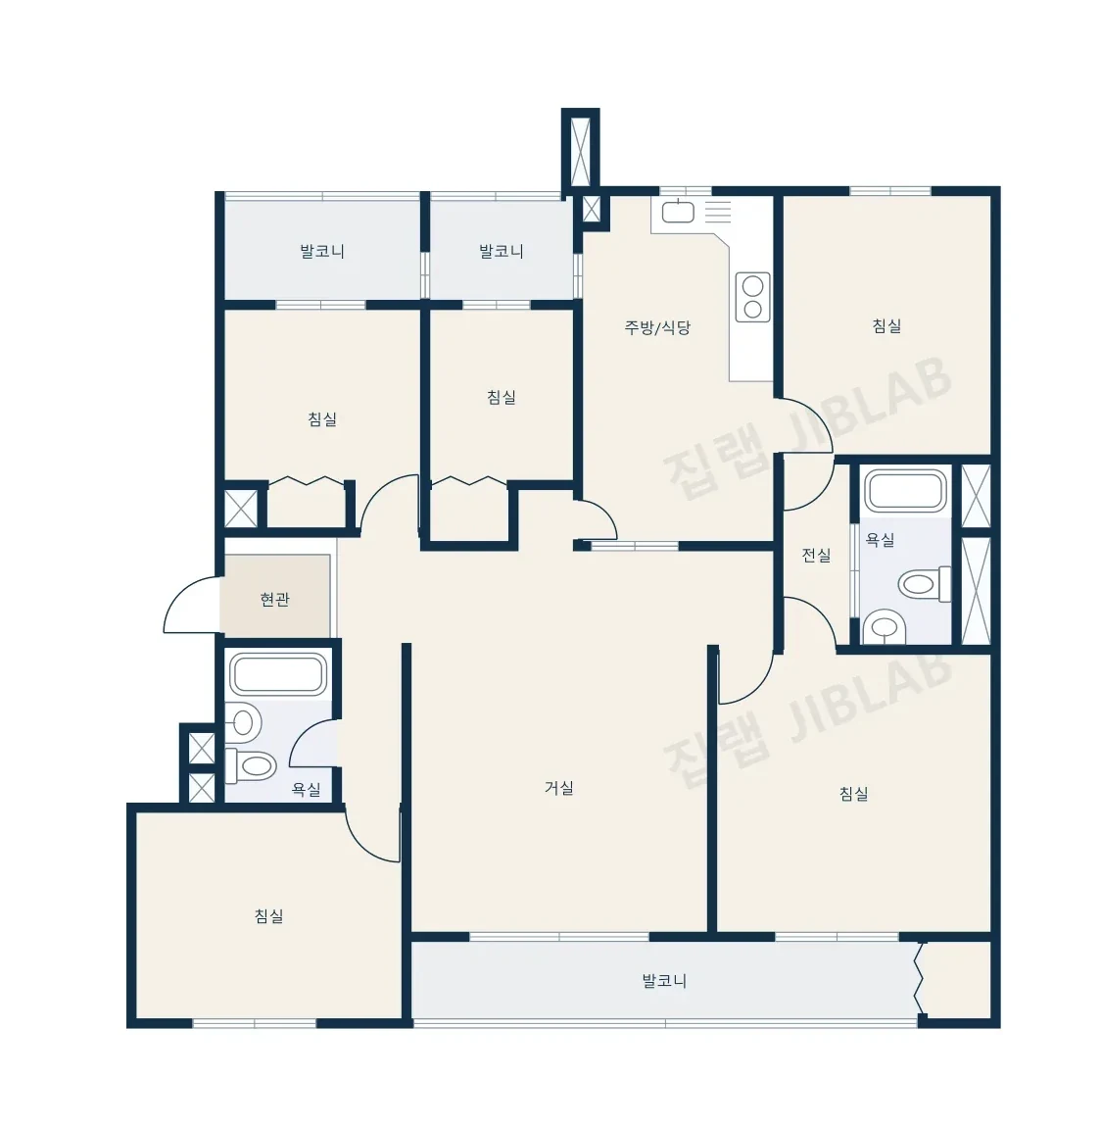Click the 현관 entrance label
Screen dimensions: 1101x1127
274,599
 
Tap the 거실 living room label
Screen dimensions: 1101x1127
558,788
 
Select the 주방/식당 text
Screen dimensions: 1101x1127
657,327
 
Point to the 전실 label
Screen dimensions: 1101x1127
816,555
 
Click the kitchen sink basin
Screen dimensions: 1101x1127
678,212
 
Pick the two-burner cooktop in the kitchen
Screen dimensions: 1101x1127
752,297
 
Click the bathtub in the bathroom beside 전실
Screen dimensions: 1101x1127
906,491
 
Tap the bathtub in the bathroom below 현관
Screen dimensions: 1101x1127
278,674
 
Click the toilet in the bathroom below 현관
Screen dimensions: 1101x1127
251,765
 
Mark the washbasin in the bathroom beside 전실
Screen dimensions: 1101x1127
885,627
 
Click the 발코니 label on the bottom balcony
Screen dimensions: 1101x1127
664,980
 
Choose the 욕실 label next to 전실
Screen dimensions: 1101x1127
880,539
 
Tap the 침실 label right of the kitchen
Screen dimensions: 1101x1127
886,325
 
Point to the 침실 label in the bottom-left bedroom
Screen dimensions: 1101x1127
268,915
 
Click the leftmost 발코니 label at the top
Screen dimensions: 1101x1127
321,252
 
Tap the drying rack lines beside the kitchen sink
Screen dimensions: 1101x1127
717,212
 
